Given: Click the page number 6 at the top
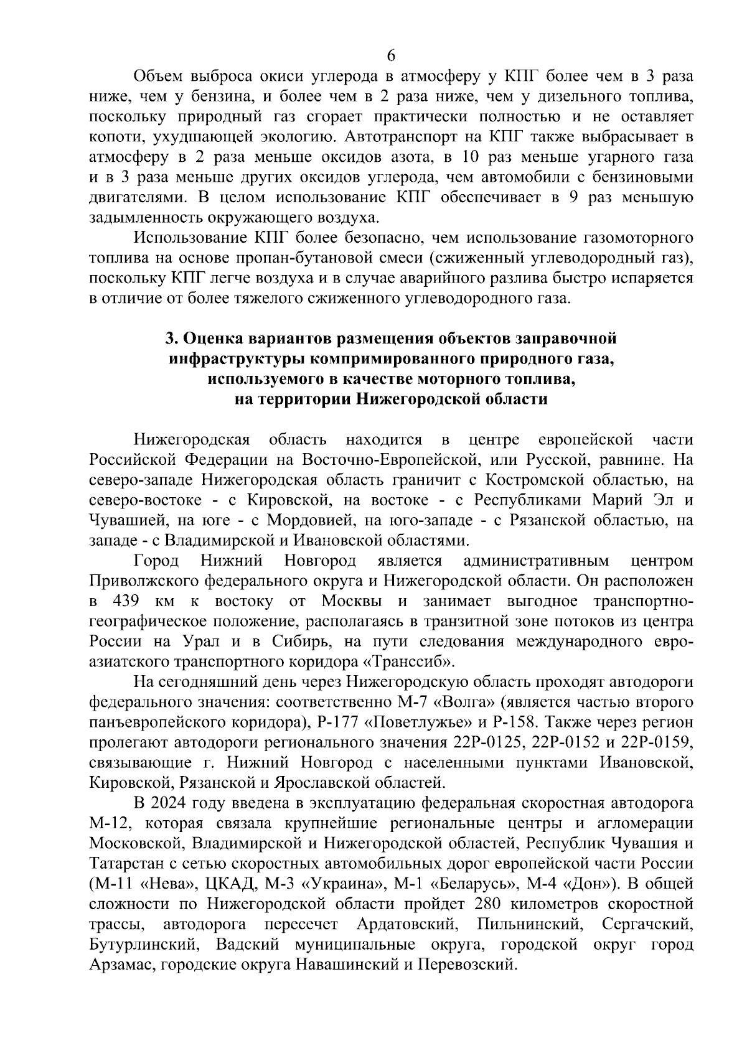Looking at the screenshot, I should click(x=391, y=55).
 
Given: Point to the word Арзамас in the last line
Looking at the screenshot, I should click(x=118, y=965).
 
